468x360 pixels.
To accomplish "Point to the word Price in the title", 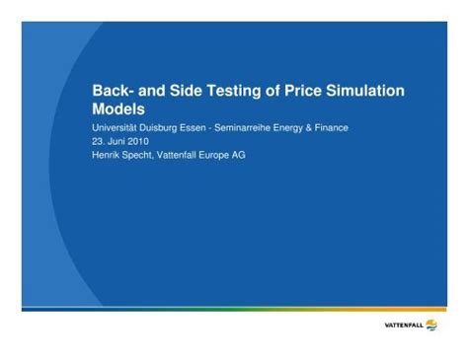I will click(313, 91).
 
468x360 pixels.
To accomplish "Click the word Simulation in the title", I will click(371, 91).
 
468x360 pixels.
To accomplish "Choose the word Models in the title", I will click(118, 109).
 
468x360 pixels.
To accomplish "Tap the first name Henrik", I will click(107, 155).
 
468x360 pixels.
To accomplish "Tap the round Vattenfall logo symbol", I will click(430, 324).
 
